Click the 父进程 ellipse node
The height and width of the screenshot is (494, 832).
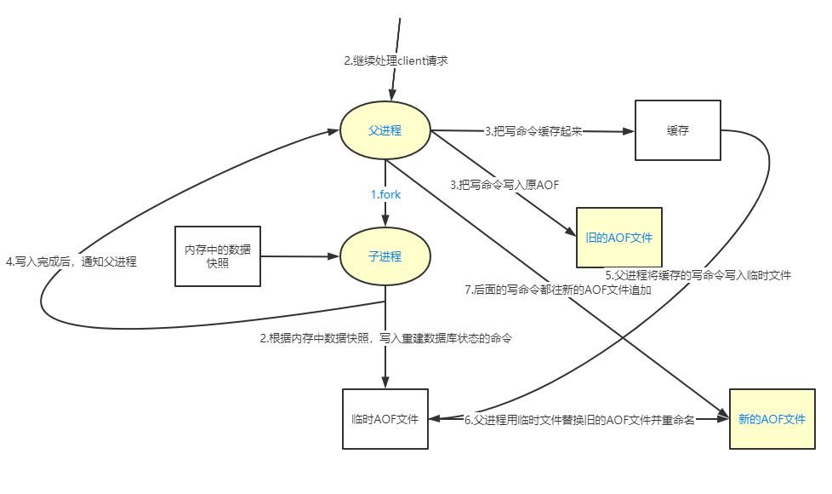[x=385, y=130]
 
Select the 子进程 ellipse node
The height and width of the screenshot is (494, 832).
[x=385, y=256]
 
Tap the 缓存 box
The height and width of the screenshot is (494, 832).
[x=678, y=130]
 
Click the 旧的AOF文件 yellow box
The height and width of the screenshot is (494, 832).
[x=618, y=238]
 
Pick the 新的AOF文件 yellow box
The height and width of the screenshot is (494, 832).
[x=771, y=419]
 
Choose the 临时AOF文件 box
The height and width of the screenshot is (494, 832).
[x=385, y=419]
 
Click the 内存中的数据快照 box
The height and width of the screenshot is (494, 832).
[x=217, y=256]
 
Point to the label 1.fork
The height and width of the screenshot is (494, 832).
[x=385, y=194]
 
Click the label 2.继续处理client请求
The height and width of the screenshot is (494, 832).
[x=396, y=61]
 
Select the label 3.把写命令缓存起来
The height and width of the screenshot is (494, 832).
[x=533, y=131]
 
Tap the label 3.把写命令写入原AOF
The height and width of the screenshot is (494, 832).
[x=504, y=184]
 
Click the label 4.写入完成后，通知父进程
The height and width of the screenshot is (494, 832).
[x=71, y=262]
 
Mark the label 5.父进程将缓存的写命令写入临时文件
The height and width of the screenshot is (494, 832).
[x=698, y=275]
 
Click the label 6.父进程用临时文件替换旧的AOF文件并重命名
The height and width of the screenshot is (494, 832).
[x=579, y=420]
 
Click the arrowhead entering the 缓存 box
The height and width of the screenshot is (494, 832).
[x=630, y=131]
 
